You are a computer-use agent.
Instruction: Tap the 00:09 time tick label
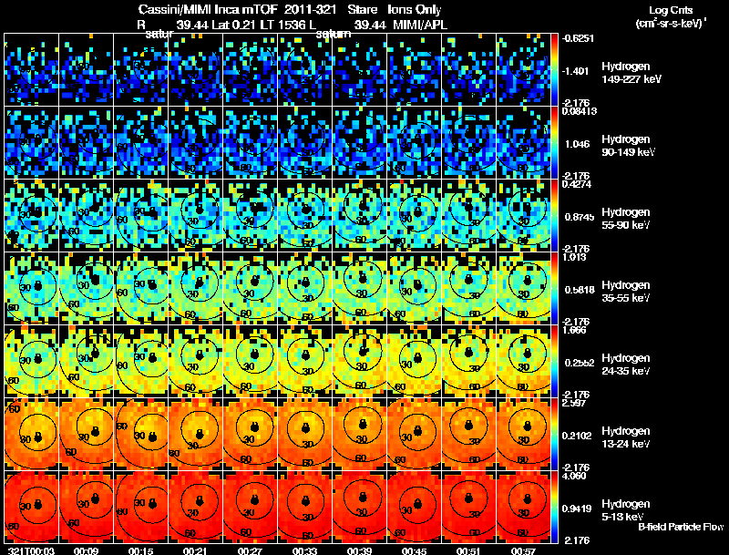[86, 550]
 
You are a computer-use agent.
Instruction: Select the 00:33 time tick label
[304, 550]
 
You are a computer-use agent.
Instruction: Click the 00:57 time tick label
[523, 550]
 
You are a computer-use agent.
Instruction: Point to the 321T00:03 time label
[26, 550]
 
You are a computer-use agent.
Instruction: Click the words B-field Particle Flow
[681, 527]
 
